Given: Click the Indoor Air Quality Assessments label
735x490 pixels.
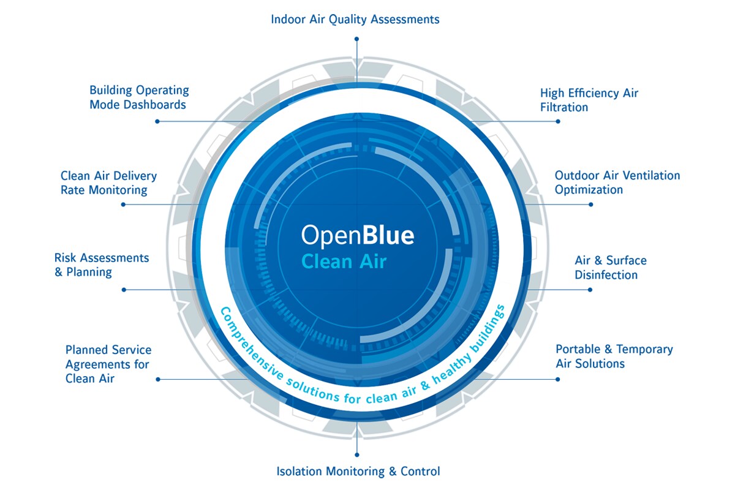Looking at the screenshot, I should [x=355, y=20].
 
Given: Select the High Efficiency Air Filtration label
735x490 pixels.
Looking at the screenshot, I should [x=589, y=100].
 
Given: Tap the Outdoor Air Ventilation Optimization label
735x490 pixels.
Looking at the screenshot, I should [x=617, y=183].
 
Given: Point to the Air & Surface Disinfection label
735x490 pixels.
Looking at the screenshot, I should [x=610, y=268].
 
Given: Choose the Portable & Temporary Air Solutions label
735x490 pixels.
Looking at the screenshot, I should [x=614, y=356].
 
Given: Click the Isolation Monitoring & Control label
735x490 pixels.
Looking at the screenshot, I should [x=358, y=472].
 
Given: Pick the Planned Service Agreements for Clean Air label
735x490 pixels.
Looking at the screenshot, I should [x=108, y=364].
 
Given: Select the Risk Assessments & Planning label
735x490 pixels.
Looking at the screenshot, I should [x=102, y=265].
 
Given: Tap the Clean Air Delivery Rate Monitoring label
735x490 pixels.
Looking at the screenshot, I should [x=108, y=183].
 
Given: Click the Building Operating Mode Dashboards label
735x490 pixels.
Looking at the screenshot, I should [x=139, y=97].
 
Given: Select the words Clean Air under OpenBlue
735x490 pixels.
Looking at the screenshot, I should [x=344, y=262].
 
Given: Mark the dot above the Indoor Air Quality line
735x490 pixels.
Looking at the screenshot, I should [x=356, y=39].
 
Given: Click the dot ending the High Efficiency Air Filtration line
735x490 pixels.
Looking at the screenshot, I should [x=558, y=121].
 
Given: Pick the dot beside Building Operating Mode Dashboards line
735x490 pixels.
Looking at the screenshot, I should [x=157, y=121].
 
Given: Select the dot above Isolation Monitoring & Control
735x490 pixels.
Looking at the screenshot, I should [x=356, y=454].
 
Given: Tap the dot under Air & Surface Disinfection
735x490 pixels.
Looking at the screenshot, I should [x=590, y=290].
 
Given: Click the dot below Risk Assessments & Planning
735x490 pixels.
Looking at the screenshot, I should [x=124, y=290].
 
